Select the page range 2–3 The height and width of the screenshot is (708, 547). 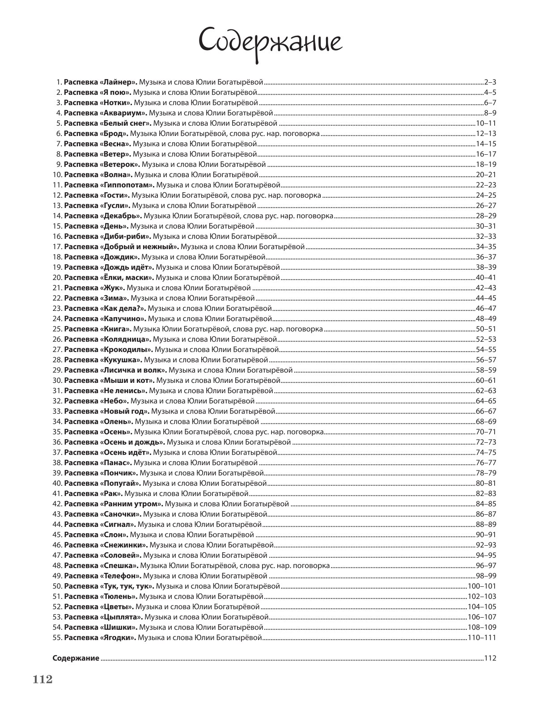tap(490, 82)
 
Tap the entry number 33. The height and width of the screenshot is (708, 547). tap(57, 411)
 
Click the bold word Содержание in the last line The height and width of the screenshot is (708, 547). tap(76, 658)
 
